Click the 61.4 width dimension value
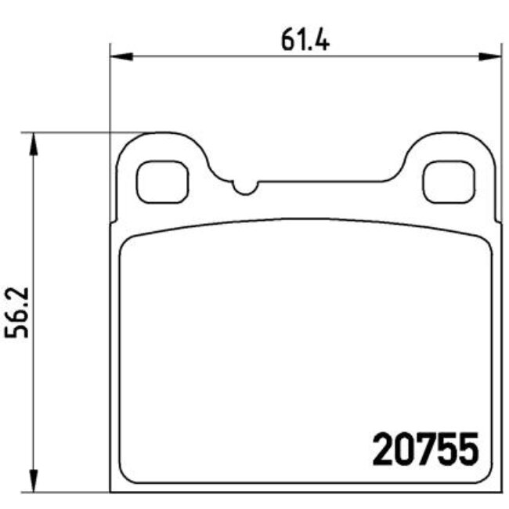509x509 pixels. pos(305,40)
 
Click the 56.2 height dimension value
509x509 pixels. pos(16,312)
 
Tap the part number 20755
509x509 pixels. pos(426,449)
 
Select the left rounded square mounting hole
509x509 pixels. pos(162,182)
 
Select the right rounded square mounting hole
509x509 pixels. pos(449,182)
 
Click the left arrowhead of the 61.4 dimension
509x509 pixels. pos(121,56)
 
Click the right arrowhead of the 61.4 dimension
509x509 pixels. pos(490,56)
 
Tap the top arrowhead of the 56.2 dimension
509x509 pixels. pos(34,144)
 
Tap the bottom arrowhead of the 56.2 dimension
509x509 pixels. pos(34,481)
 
